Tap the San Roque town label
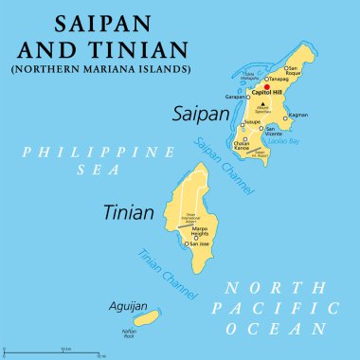pyautogui.click(x=294, y=72)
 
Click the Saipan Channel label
pyautogui.click(x=224, y=166)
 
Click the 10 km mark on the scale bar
pyautogui.click(x=64, y=351)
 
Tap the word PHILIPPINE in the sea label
pyautogui.click(x=75, y=153)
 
